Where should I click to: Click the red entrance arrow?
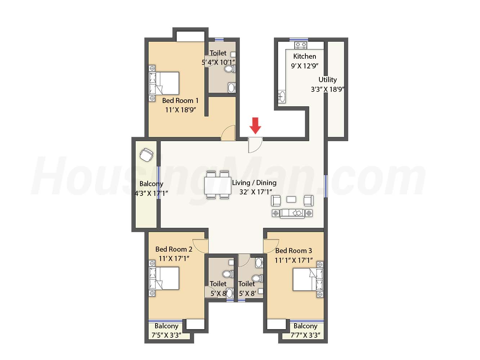tap(255, 126)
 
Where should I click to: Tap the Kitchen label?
tap(304, 56)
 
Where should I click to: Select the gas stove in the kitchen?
tap(301, 45)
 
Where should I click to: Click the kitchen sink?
tap(282, 96)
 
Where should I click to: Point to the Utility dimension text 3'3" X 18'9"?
tap(328, 89)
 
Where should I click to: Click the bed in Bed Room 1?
tap(164, 83)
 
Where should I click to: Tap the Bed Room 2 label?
tap(174, 249)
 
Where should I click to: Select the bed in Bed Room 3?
tap(308, 280)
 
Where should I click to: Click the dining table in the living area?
tap(217, 185)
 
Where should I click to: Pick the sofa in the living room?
tap(292, 213)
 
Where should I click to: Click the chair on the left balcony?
tap(146, 155)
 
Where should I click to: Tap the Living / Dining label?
tap(254, 183)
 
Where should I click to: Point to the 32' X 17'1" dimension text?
tap(255, 192)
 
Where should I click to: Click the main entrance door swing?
tap(255, 145)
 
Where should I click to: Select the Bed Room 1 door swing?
tap(228, 133)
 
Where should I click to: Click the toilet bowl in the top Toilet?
tap(229, 69)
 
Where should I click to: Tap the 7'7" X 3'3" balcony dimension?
tap(305, 335)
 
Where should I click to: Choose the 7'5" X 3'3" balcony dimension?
tap(166, 335)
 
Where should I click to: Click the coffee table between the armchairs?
tap(291, 199)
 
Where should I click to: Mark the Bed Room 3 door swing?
tap(271, 246)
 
